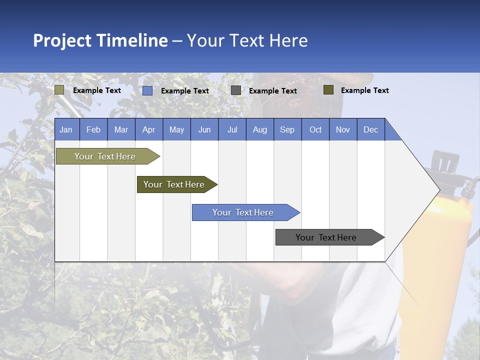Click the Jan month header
66,129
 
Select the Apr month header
148,129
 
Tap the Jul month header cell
232,129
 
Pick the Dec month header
370,129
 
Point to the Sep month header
287,129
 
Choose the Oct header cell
315,129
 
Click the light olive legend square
59,90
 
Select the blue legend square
147,90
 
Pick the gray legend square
236,90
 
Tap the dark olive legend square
328,90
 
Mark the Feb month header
93,129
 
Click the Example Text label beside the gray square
272,90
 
